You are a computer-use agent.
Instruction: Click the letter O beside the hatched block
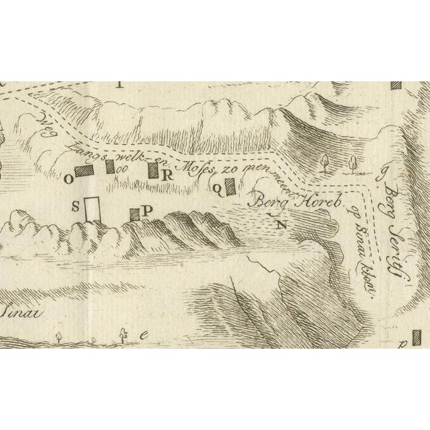(x=68, y=179)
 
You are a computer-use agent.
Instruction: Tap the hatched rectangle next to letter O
(x=85, y=171)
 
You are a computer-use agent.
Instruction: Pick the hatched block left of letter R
(x=153, y=171)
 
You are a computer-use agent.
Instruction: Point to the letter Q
(x=218, y=189)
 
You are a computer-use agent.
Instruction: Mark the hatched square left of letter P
(x=135, y=214)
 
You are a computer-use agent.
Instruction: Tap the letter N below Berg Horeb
(x=280, y=224)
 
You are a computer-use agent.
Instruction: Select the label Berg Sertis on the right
(x=394, y=202)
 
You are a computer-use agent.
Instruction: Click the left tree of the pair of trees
(x=324, y=161)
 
